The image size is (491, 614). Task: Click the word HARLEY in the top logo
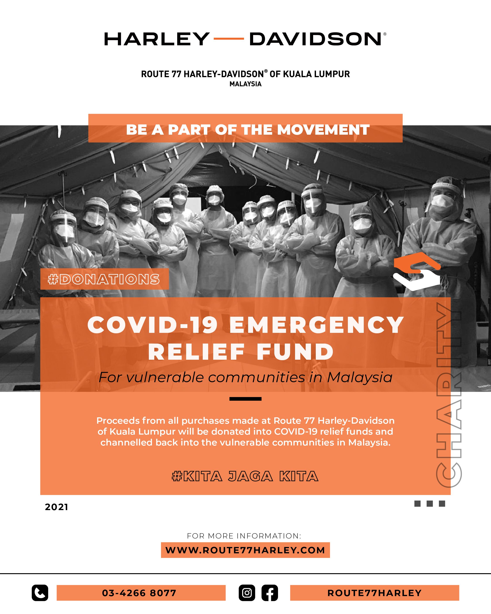tap(157, 39)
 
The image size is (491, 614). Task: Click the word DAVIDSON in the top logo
tap(315, 39)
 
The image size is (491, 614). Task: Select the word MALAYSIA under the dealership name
tap(245, 84)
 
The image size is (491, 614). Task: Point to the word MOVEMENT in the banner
tap(323, 130)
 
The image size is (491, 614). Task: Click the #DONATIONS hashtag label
tap(104, 279)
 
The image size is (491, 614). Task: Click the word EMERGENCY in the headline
tap(317, 325)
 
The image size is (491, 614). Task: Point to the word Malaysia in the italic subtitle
tap(360, 378)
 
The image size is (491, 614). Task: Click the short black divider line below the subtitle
tap(245, 399)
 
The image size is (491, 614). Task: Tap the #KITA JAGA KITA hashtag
tap(245, 476)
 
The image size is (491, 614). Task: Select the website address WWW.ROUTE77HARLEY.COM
tap(245, 550)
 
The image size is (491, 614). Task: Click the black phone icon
tap(40, 593)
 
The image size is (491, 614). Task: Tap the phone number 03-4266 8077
tap(139, 593)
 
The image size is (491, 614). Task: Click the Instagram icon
tap(247, 593)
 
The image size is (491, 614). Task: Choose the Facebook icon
tap(270, 593)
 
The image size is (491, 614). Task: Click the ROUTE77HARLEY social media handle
tap(374, 593)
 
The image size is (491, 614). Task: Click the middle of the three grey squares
tap(430, 504)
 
